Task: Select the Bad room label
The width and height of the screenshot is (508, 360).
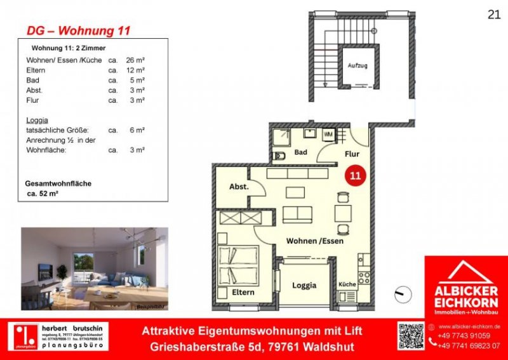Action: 301,152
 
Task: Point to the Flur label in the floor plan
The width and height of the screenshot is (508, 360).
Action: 352,153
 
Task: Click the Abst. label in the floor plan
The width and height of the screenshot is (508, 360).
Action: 238,187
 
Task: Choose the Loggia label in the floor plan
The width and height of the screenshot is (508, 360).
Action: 304,285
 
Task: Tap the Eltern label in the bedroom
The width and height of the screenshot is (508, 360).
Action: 243,292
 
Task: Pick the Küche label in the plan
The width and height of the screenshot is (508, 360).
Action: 347,284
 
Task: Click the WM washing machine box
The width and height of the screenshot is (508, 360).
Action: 328,135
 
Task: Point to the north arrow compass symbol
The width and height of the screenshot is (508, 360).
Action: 400,295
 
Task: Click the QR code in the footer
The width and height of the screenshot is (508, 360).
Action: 410,336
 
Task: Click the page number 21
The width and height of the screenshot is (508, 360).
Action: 493,14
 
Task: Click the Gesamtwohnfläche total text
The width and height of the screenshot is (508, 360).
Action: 58,183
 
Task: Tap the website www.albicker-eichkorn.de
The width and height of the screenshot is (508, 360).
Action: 470,326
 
